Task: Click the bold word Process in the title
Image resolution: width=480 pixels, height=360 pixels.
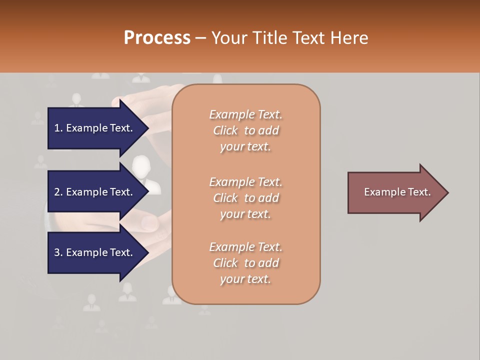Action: pyautogui.click(x=157, y=37)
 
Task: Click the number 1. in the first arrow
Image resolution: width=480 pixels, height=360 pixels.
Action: pyautogui.click(x=58, y=128)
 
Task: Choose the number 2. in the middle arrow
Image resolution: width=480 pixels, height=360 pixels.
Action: pyautogui.click(x=58, y=192)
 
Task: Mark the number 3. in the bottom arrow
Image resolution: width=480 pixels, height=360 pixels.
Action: pyautogui.click(x=58, y=252)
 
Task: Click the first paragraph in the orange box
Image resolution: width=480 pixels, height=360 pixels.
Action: pyautogui.click(x=246, y=130)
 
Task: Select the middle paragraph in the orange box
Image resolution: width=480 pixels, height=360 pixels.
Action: pyautogui.click(x=246, y=197)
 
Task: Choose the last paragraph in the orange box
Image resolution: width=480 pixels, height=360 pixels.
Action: pyautogui.click(x=246, y=263)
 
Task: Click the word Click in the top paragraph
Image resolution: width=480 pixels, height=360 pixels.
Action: pyautogui.click(x=225, y=130)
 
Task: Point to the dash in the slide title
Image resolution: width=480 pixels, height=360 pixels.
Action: pyautogui.click(x=200, y=37)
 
